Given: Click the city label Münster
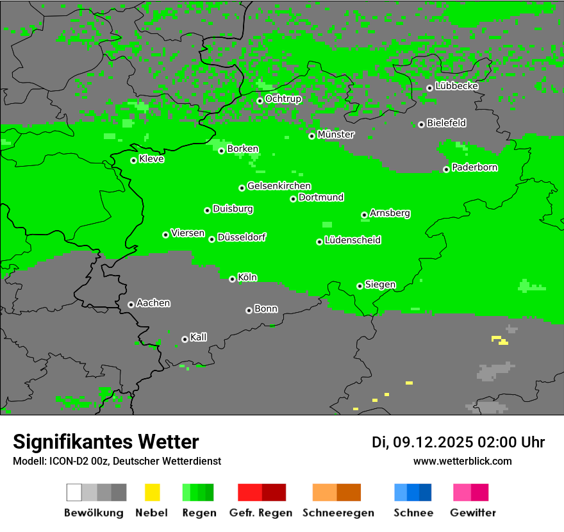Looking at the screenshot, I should pyautogui.click(x=336, y=135).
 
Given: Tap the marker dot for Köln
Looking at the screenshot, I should pyautogui.click(x=232, y=279).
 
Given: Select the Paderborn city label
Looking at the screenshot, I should pyautogui.click(x=475, y=168).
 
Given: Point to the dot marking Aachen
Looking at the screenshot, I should pyautogui.click(x=131, y=304).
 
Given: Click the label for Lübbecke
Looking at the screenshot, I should pyautogui.click(x=457, y=86).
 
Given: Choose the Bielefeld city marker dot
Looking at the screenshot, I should pyautogui.click(x=421, y=124).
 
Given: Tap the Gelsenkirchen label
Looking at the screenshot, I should pyautogui.click(x=279, y=187).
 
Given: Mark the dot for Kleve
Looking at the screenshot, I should pyautogui.click(x=133, y=160).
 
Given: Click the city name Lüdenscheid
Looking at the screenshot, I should pyautogui.click(x=352, y=240).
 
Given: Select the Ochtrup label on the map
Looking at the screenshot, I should pyautogui.click(x=283, y=99).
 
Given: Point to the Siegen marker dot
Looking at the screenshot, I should pyautogui.click(x=360, y=286).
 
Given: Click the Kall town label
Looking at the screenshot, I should pyautogui.click(x=199, y=337).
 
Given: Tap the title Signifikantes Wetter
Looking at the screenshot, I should pyautogui.click(x=106, y=442).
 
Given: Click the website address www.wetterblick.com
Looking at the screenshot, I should pyautogui.click(x=463, y=461).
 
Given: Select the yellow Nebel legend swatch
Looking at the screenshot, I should pyautogui.click(x=152, y=492).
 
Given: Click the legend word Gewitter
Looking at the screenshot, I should pyautogui.click(x=473, y=513).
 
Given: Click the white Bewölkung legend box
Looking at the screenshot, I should pyautogui.click(x=74, y=492).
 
